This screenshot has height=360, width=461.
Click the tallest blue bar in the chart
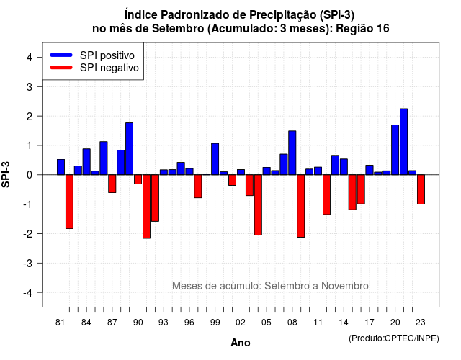[x=403, y=142]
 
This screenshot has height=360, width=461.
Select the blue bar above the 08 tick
[x=292, y=153]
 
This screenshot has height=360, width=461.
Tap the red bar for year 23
[x=421, y=189]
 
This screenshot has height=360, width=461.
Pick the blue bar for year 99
[x=215, y=159]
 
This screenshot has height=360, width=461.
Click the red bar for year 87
[x=112, y=184]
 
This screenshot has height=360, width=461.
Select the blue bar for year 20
[x=395, y=150]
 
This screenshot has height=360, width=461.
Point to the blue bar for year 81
[x=61, y=167]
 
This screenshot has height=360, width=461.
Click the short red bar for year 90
[x=138, y=179]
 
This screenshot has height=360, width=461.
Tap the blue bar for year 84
[x=86, y=161]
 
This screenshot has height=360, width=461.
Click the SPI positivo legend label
[x=107, y=55]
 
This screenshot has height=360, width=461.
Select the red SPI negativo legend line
[x=61, y=68]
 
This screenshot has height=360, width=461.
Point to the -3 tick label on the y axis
[x=28, y=263]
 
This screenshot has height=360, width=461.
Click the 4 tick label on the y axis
[x=30, y=57]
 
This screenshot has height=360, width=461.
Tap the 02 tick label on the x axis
[x=241, y=323]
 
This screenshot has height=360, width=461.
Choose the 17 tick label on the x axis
[x=370, y=323]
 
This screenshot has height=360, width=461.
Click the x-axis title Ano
[x=241, y=343]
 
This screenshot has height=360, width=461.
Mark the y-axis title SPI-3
[x=6, y=174]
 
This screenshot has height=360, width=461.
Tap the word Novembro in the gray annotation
[x=344, y=286]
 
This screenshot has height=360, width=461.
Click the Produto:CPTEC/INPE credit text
[x=394, y=338]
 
